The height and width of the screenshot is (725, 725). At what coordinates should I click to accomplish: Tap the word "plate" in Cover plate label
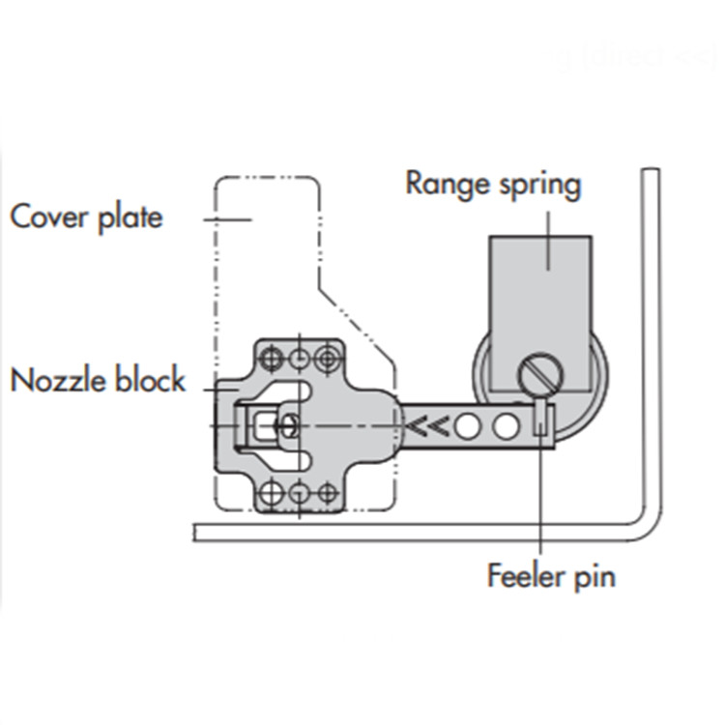coord(130,217)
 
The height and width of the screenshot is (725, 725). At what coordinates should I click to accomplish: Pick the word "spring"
coord(539,186)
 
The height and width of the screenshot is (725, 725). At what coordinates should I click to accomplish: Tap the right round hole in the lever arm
coord(504,425)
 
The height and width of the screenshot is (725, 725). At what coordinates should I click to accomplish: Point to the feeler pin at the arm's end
coord(541,422)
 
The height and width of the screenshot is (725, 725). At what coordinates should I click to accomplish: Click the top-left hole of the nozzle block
coord(274,359)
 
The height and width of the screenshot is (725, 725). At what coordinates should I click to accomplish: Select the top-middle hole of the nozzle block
coord(301,359)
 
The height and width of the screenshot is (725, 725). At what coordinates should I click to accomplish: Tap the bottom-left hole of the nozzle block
coord(274,494)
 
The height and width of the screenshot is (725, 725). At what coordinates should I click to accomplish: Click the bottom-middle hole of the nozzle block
coord(301,494)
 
